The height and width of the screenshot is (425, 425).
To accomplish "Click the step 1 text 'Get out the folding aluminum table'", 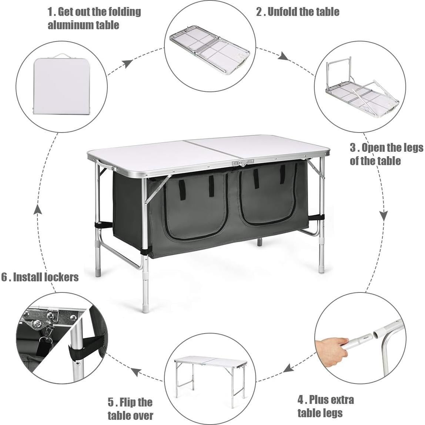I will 94,18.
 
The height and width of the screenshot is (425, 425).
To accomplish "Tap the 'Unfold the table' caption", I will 298,11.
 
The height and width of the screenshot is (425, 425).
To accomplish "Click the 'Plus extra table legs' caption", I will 325,406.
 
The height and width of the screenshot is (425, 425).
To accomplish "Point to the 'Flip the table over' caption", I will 130,408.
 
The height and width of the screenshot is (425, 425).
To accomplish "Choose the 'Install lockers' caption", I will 40,277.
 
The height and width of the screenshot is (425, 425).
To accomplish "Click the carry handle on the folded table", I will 61,56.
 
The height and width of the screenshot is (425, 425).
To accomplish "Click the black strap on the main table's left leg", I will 104,225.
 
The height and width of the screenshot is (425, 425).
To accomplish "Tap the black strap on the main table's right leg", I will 315,218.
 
